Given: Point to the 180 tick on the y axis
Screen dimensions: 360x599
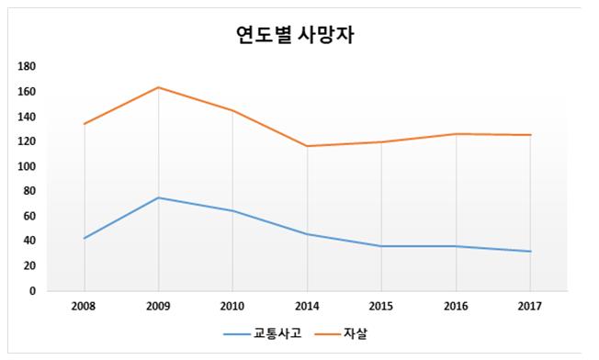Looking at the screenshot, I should pos(27,67).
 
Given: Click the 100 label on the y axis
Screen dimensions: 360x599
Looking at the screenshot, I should pos(27,166).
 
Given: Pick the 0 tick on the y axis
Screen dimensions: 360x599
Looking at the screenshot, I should pos(31,291).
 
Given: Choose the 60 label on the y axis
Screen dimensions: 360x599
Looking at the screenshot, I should pos(29,217).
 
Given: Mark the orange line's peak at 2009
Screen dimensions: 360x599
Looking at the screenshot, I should pos(159,87).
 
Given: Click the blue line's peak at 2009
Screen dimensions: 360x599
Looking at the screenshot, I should pos(159,197).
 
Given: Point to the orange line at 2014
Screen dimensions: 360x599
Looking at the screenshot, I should pos(308,146).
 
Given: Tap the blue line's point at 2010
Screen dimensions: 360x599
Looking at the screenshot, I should pos(233,211).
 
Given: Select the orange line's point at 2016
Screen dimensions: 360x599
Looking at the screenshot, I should pos(457,134).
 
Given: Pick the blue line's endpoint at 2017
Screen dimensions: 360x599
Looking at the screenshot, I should pos(530,251).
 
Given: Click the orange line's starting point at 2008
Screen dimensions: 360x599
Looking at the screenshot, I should pos(85,124).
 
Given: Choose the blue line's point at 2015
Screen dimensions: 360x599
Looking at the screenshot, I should pos(382,246).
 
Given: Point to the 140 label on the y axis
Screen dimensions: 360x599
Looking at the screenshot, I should pos(27,117).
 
